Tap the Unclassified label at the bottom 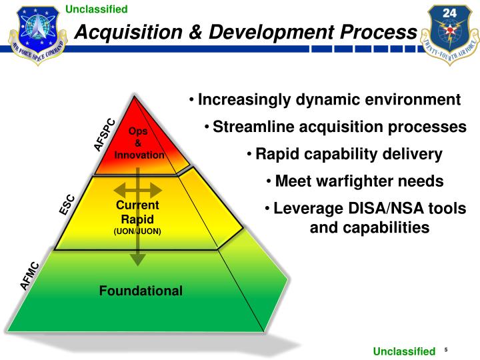[403, 351]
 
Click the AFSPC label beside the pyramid [104, 135]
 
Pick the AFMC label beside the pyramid [30, 276]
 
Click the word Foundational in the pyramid [141, 291]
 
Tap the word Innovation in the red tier [139, 155]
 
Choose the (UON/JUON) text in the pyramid [138, 231]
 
